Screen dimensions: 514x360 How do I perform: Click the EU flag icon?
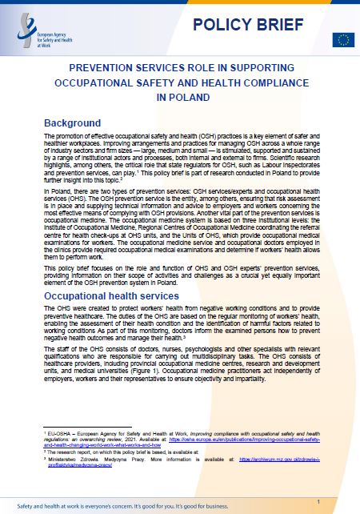(x=345, y=38)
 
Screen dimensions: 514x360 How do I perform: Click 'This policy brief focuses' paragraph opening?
(x=80, y=247)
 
